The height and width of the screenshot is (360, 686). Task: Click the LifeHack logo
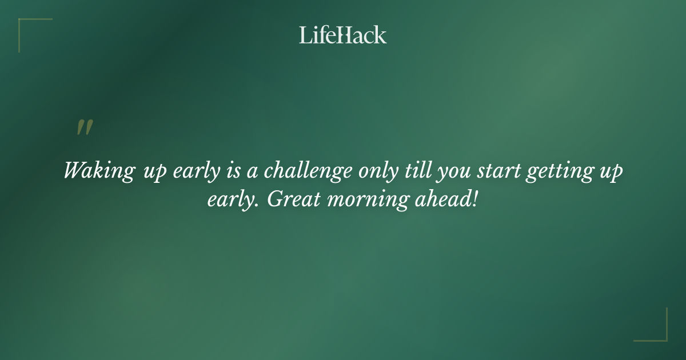tap(342, 35)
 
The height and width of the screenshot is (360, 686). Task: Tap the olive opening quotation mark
tap(85, 127)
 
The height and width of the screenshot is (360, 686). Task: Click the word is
tap(231, 171)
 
